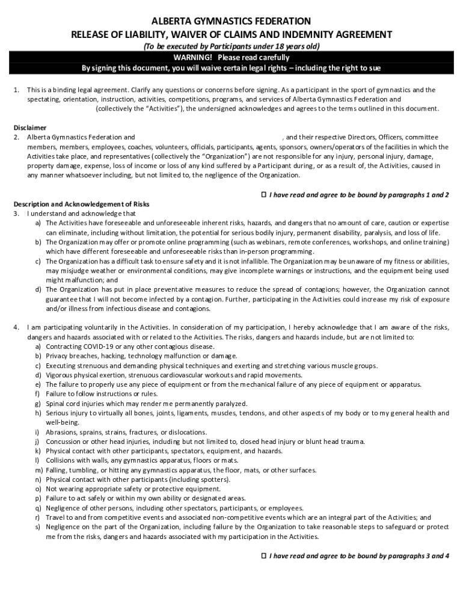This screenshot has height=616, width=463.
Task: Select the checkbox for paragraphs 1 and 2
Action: [x=263, y=195]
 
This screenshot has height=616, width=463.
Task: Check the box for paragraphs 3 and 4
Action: [x=263, y=556]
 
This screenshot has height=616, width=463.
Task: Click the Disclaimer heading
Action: [x=30, y=128]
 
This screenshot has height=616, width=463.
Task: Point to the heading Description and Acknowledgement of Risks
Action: [x=81, y=204]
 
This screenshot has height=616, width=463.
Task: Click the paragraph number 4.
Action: [x=16, y=327]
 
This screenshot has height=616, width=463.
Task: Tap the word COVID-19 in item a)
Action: [x=95, y=346]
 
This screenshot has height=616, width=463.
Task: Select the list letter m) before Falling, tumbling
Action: [x=39, y=470]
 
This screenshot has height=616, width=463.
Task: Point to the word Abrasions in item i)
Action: [x=62, y=432]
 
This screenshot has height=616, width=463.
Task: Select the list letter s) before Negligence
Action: [x=38, y=527]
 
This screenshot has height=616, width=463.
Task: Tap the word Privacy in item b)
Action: [x=57, y=356]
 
